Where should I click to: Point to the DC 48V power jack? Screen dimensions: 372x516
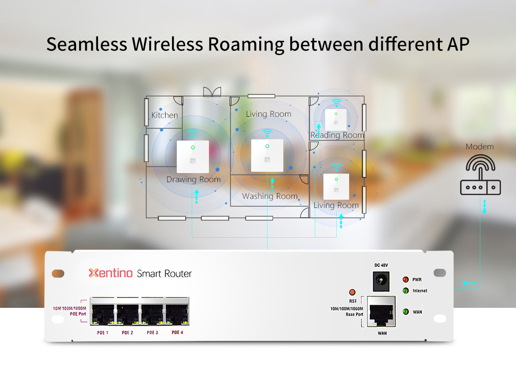[380, 280]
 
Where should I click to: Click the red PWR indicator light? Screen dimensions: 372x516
[405, 279]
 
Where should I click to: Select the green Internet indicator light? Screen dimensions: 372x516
[405, 291]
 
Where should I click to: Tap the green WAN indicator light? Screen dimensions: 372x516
[405, 312]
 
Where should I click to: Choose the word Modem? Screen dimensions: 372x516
[480, 147]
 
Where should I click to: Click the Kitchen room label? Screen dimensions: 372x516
[164, 115]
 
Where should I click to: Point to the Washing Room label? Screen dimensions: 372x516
[270, 196]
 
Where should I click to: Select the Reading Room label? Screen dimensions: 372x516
[337, 135]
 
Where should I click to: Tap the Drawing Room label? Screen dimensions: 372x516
[193, 179]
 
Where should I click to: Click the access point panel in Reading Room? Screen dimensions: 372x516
[336, 120]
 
